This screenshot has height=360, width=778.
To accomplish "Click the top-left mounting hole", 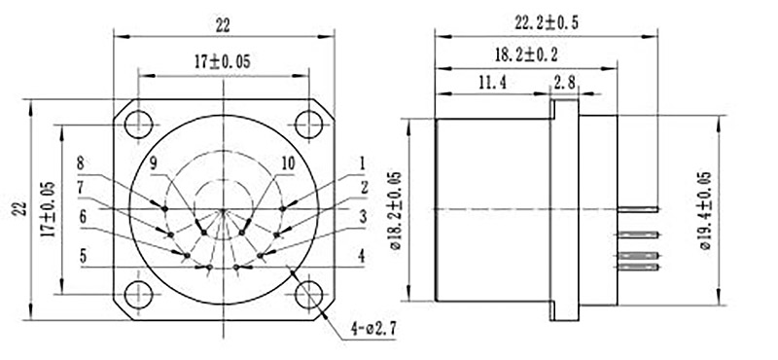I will point(139,124).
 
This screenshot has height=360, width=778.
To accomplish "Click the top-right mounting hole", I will point(309,124).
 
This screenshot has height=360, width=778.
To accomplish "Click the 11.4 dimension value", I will point(490,84).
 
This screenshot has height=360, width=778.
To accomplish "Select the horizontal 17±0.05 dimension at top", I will point(223,60).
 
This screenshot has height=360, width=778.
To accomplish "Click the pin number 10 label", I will point(287,163).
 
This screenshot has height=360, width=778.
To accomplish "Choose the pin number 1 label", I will point(362,163).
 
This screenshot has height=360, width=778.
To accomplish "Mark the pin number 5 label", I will point(83,258).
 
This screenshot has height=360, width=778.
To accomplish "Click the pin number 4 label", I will point(362,258).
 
